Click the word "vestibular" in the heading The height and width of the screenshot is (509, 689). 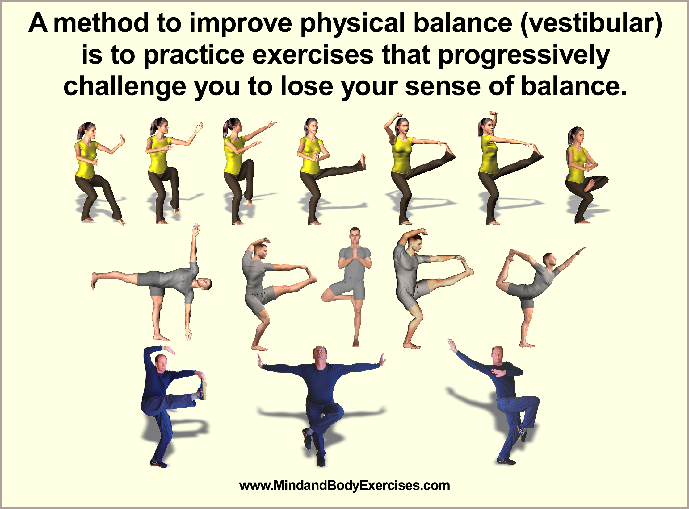[591, 23]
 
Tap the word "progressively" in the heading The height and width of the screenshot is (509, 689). [524, 56]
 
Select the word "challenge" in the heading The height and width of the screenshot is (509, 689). [125, 86]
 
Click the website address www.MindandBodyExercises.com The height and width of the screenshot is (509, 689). [345, 486]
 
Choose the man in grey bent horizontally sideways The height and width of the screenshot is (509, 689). [151, 282]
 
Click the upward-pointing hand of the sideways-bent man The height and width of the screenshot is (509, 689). [196, 230]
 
